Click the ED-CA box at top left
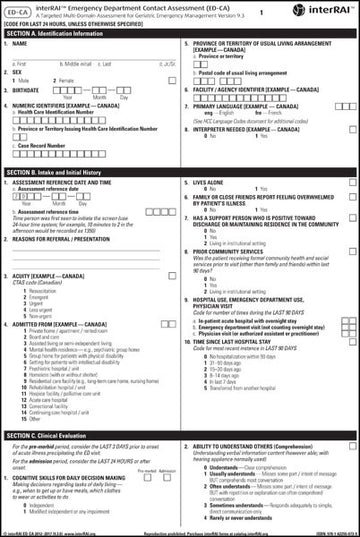17,11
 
